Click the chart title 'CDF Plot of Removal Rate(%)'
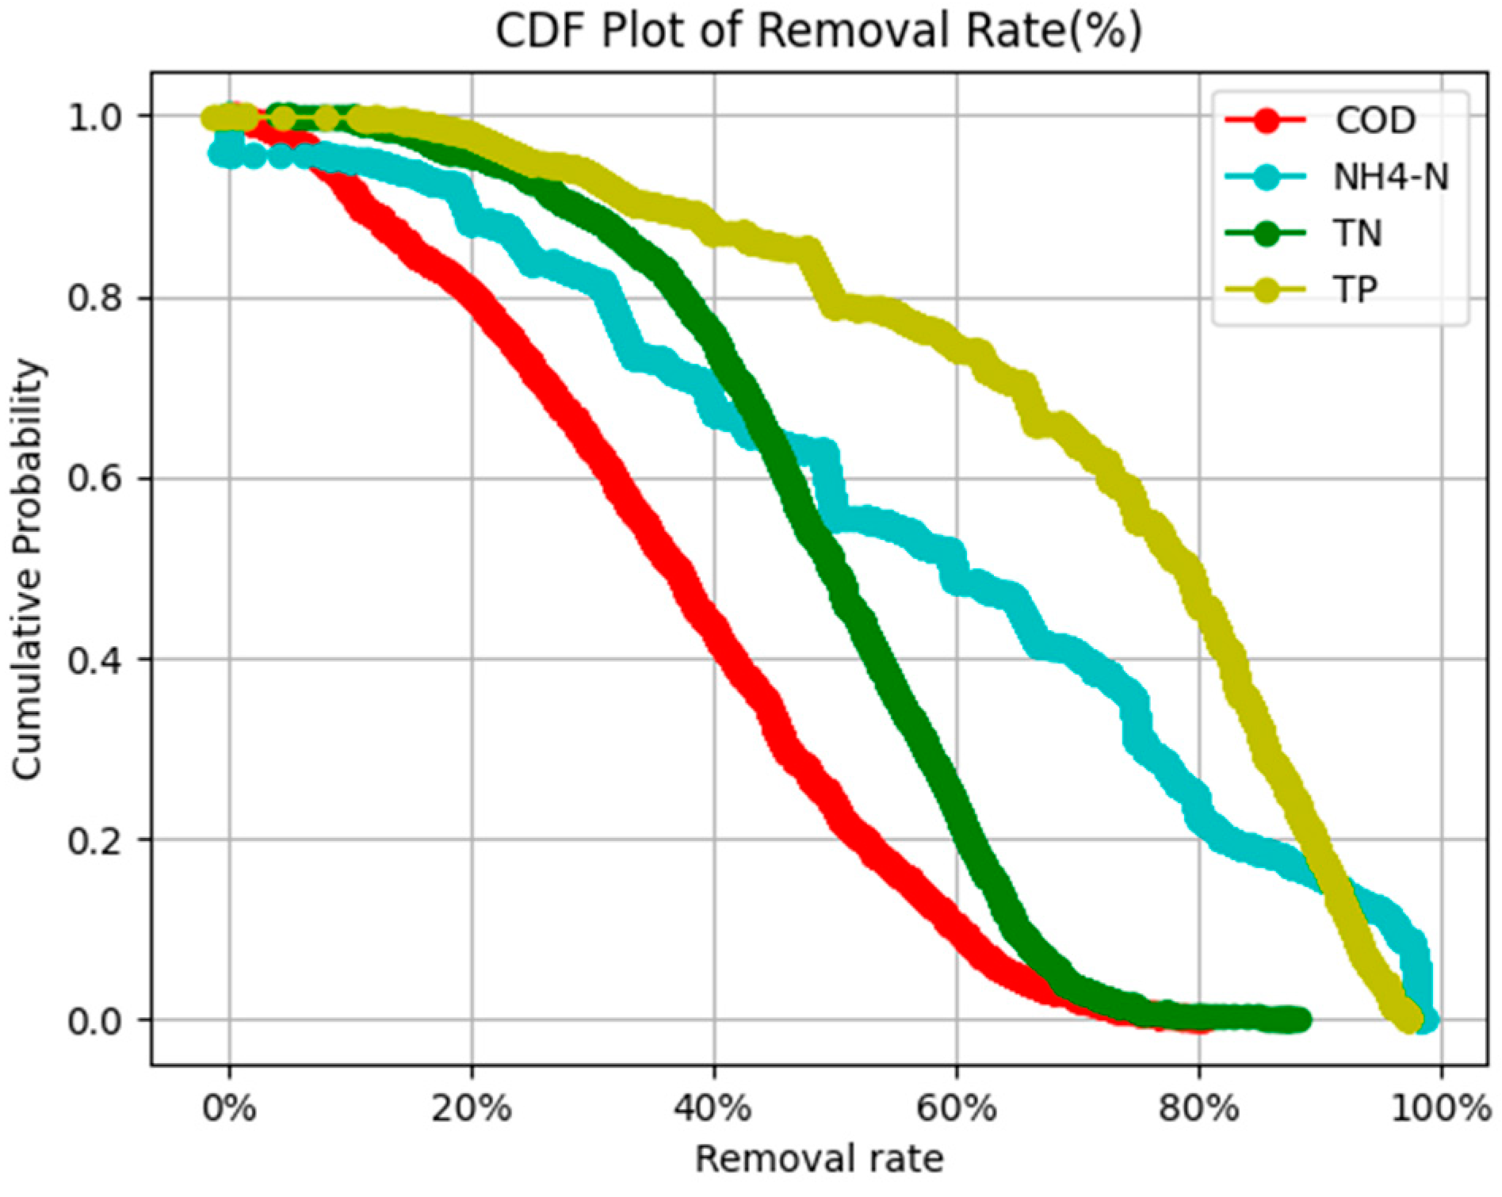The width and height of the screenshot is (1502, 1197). (x=818, y=32)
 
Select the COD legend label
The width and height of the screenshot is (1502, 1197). (x=1375, y=120)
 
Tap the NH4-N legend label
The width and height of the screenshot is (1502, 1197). (x=1391, y=177)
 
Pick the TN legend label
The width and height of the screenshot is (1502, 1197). (x=1358, y=234)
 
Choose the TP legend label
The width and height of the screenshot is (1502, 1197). (x=1355, y=290)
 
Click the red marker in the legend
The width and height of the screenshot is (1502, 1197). (x=1266, y=120)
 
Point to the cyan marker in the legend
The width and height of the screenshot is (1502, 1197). (x=1266, y=177)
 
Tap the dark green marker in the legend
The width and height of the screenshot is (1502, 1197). (x=1266, y=234)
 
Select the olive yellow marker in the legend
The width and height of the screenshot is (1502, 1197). (x=1266, y=290)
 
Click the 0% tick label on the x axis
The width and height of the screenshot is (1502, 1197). (x=230, y=1108)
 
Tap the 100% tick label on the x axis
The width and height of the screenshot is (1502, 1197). (x=1441, y=1108)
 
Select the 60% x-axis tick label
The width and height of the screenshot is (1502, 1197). (x=957, y=1108)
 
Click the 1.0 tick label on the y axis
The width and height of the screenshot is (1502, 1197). (x=94, y=118)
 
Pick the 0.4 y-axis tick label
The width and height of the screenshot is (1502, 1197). (x=94, y=660)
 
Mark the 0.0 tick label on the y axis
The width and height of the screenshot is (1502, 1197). (x=94, y=1021)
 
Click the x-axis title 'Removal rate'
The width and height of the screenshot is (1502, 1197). (x=819, y=1159)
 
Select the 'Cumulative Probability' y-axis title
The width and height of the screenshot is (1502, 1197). (x=27, y=568)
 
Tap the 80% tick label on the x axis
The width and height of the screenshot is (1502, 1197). (x=1198, y=1108)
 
